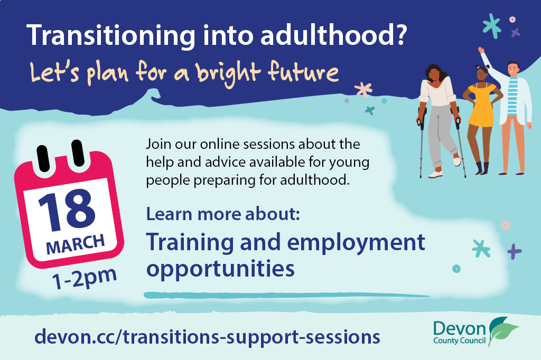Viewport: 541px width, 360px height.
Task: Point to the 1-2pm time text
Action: (85, 279)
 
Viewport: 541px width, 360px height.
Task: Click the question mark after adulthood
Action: (400, 35)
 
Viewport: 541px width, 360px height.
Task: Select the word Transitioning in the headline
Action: (111, 36)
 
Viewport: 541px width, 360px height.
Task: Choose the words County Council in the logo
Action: (459, 340)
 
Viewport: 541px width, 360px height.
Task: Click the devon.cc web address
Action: (207, 337)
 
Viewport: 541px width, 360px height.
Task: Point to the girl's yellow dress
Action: (482, 105)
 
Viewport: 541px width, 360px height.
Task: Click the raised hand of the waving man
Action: (481, 50)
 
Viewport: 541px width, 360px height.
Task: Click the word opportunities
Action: (220, 269)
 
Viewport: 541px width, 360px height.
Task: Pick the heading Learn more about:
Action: (223, 214)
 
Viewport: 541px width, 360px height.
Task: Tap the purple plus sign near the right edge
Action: (514, 251)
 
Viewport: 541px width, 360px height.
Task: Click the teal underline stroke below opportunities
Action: (286, 295)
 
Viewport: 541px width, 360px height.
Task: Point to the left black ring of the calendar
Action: (43, 158)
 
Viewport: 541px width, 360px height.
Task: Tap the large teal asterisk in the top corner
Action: (492, 26)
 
